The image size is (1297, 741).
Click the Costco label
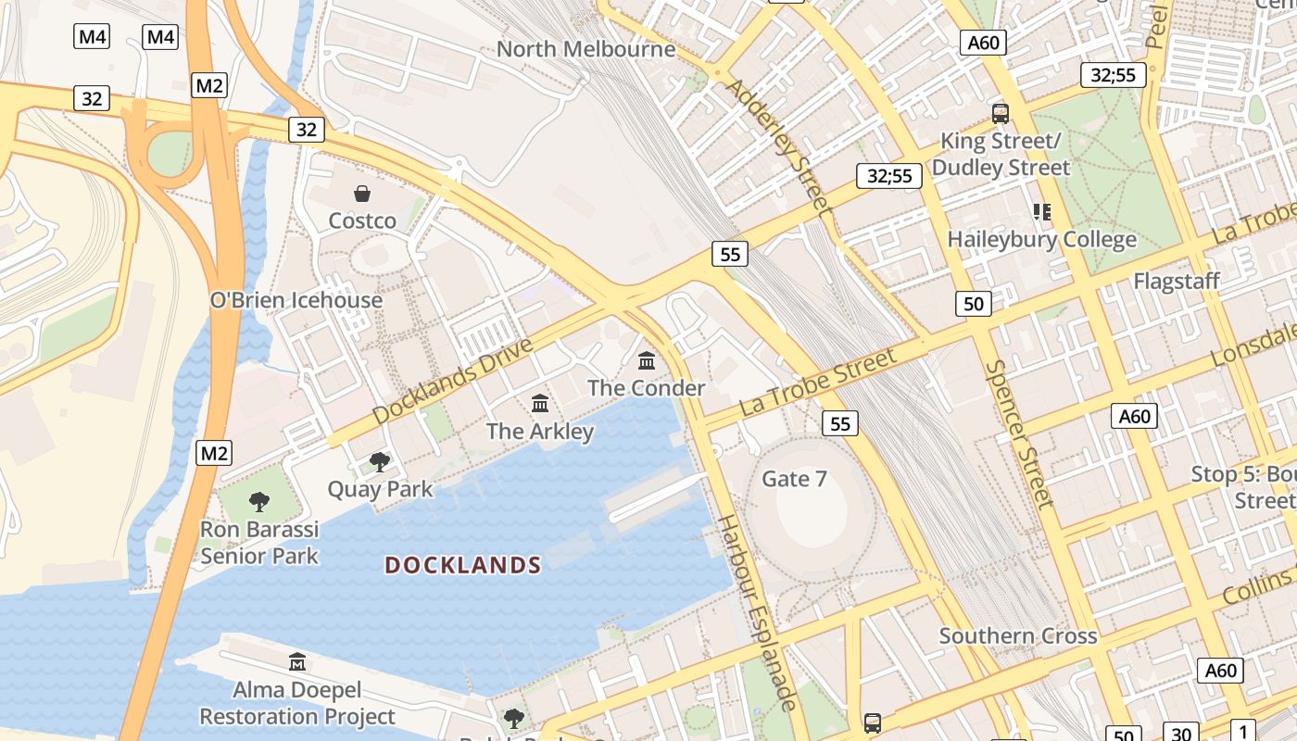pyautogui.click(x=362, y=220)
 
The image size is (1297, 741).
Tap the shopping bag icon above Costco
pyautogui.click(x=362, y=194)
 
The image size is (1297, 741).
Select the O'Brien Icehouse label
pyautogui.click(x=296, y=300)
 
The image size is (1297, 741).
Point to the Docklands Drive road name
pyautogui.click(x=454, y=382)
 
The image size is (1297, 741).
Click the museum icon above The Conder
pyautogui.click(x=647, y=360)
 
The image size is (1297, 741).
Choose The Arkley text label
pyautogui.click(x=540, y=431)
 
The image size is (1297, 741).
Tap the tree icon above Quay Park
pyautogui.click(x=379, y=461)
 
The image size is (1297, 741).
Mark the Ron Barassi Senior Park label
pyautogui.click(x=259, y=543)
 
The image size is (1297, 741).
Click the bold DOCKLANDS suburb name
pyautogui.click(x=463, y=565)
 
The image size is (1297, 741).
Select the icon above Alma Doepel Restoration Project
pyautogui.click(x=297, y=662)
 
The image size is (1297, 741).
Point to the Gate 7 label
pyautogui.click(x=794, y=479)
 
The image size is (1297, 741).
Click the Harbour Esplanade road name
pyautogui.click(x=757, y=612)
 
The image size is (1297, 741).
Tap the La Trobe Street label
pyautogui.click(x=818, y=383)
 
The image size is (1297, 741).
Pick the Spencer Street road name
pyautogui.click(x=1019, y=433)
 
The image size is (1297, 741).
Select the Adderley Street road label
pyautogui.click(x=778, y=146)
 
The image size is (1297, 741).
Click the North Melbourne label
pyautogui.click(x=586, y=49)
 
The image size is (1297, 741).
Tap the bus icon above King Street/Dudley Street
pyautogui.click(x=1001, y=114)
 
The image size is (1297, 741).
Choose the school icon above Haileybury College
pyautogui.click(x=1042, y=212)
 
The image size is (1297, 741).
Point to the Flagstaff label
pyautogui.click(x=1177, y=281)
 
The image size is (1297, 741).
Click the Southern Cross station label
pyautogui.click(x=1018, y=636)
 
